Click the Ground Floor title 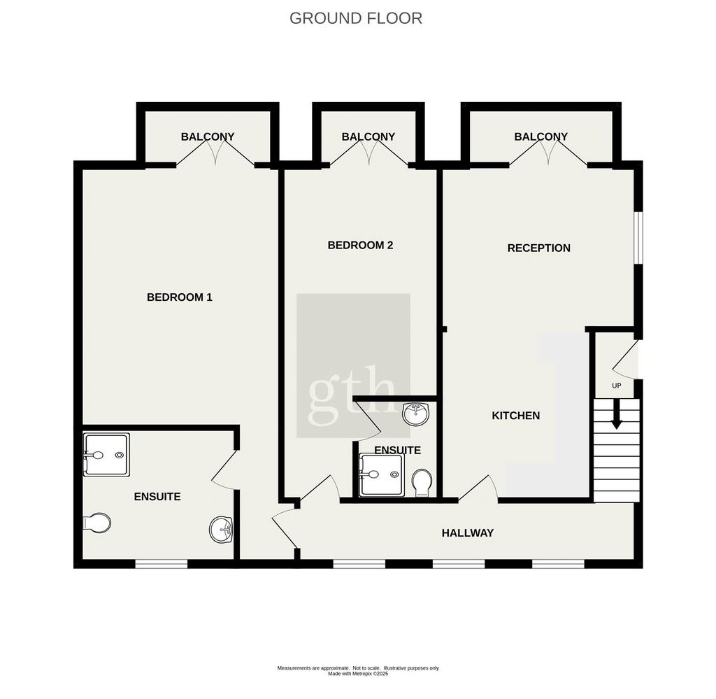(x=356, y=18)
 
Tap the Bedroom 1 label (x=180, y=297)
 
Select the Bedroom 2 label (x=360, y=246)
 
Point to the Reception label (x=539, y=248)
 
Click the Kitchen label (x=515, y=416)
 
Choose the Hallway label (x=468, y=533)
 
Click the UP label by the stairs (x=617, y=386)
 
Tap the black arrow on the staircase (x=617, y=414)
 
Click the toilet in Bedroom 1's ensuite (x=96, y=523)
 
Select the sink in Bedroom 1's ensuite (x=221, y=530)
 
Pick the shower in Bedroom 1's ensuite (x=106, y=455)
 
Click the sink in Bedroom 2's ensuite (x=416, y=414)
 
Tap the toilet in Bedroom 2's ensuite (x=422, y=483)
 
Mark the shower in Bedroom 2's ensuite (x=381, y=474)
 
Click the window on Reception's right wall (x=639, y=238)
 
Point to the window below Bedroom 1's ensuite (x=162, y=564)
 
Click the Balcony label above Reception (x=540, y=136)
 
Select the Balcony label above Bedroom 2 (x=368, y=136)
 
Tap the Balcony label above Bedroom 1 (x=207, y=136)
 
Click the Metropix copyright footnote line (x=358, y=674)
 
